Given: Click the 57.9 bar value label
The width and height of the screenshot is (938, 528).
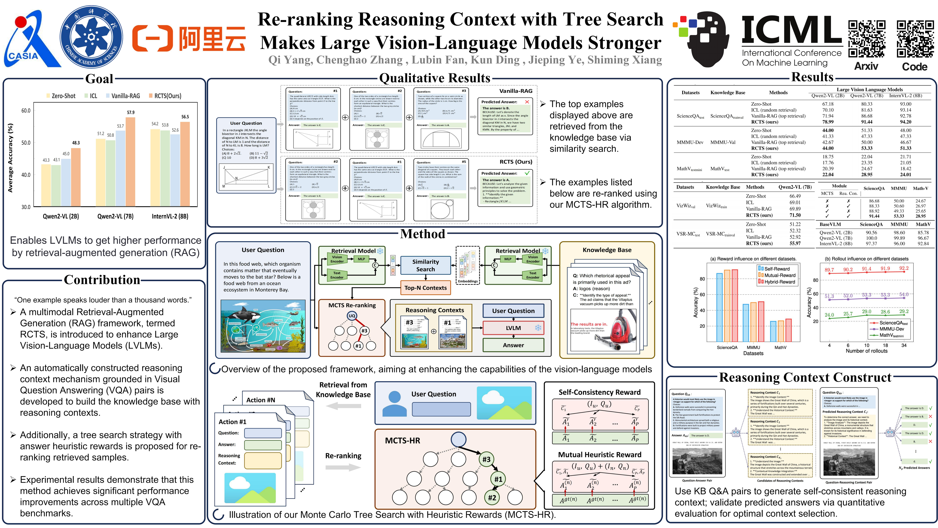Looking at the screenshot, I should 130,113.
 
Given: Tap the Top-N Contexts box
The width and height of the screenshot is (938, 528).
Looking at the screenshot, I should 425,288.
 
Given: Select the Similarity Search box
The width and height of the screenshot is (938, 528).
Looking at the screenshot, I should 425,265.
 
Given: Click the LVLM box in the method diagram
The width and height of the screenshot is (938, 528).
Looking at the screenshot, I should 513,328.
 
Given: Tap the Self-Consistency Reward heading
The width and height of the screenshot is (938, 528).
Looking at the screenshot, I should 599,393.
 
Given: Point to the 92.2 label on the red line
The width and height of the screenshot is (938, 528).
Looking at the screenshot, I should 904,268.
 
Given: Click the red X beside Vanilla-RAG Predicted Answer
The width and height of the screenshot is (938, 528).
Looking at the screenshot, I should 527,102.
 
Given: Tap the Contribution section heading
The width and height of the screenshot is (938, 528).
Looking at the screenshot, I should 102,280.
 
